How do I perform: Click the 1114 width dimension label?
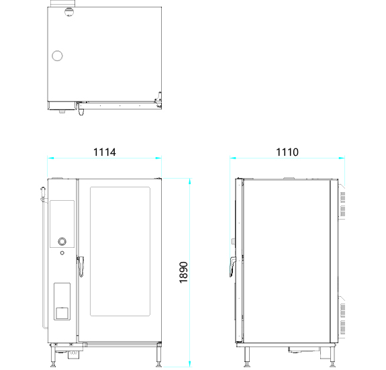104,152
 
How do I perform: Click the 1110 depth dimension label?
287,152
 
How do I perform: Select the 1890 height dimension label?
184,272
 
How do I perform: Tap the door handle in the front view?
81,267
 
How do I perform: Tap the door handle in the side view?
232,267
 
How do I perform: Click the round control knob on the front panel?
62,241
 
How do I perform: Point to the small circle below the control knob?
62,252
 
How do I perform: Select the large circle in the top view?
57,56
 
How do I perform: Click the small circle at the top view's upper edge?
69,11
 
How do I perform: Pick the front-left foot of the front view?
53,357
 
